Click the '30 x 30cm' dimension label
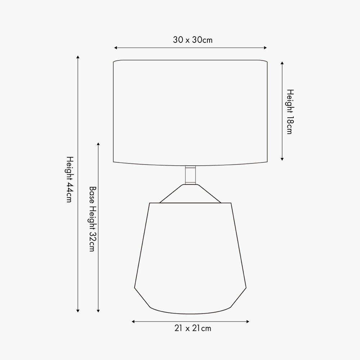click(193, 40)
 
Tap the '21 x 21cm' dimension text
click(193, 328)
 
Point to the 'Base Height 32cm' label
click(92, 219)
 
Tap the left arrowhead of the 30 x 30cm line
click(116, 48)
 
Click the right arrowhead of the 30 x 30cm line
click(265, 48)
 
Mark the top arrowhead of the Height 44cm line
click(78, 57)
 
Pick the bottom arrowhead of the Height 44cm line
click(78, 310)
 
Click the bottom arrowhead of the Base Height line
click(98, 310)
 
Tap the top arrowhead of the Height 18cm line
click(282, 63)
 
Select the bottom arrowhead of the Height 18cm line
click(282, 159)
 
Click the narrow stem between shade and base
click(191, 175)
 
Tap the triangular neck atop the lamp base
click(190, 194)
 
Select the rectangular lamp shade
click(190, 112)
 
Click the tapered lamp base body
click(190, 256)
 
